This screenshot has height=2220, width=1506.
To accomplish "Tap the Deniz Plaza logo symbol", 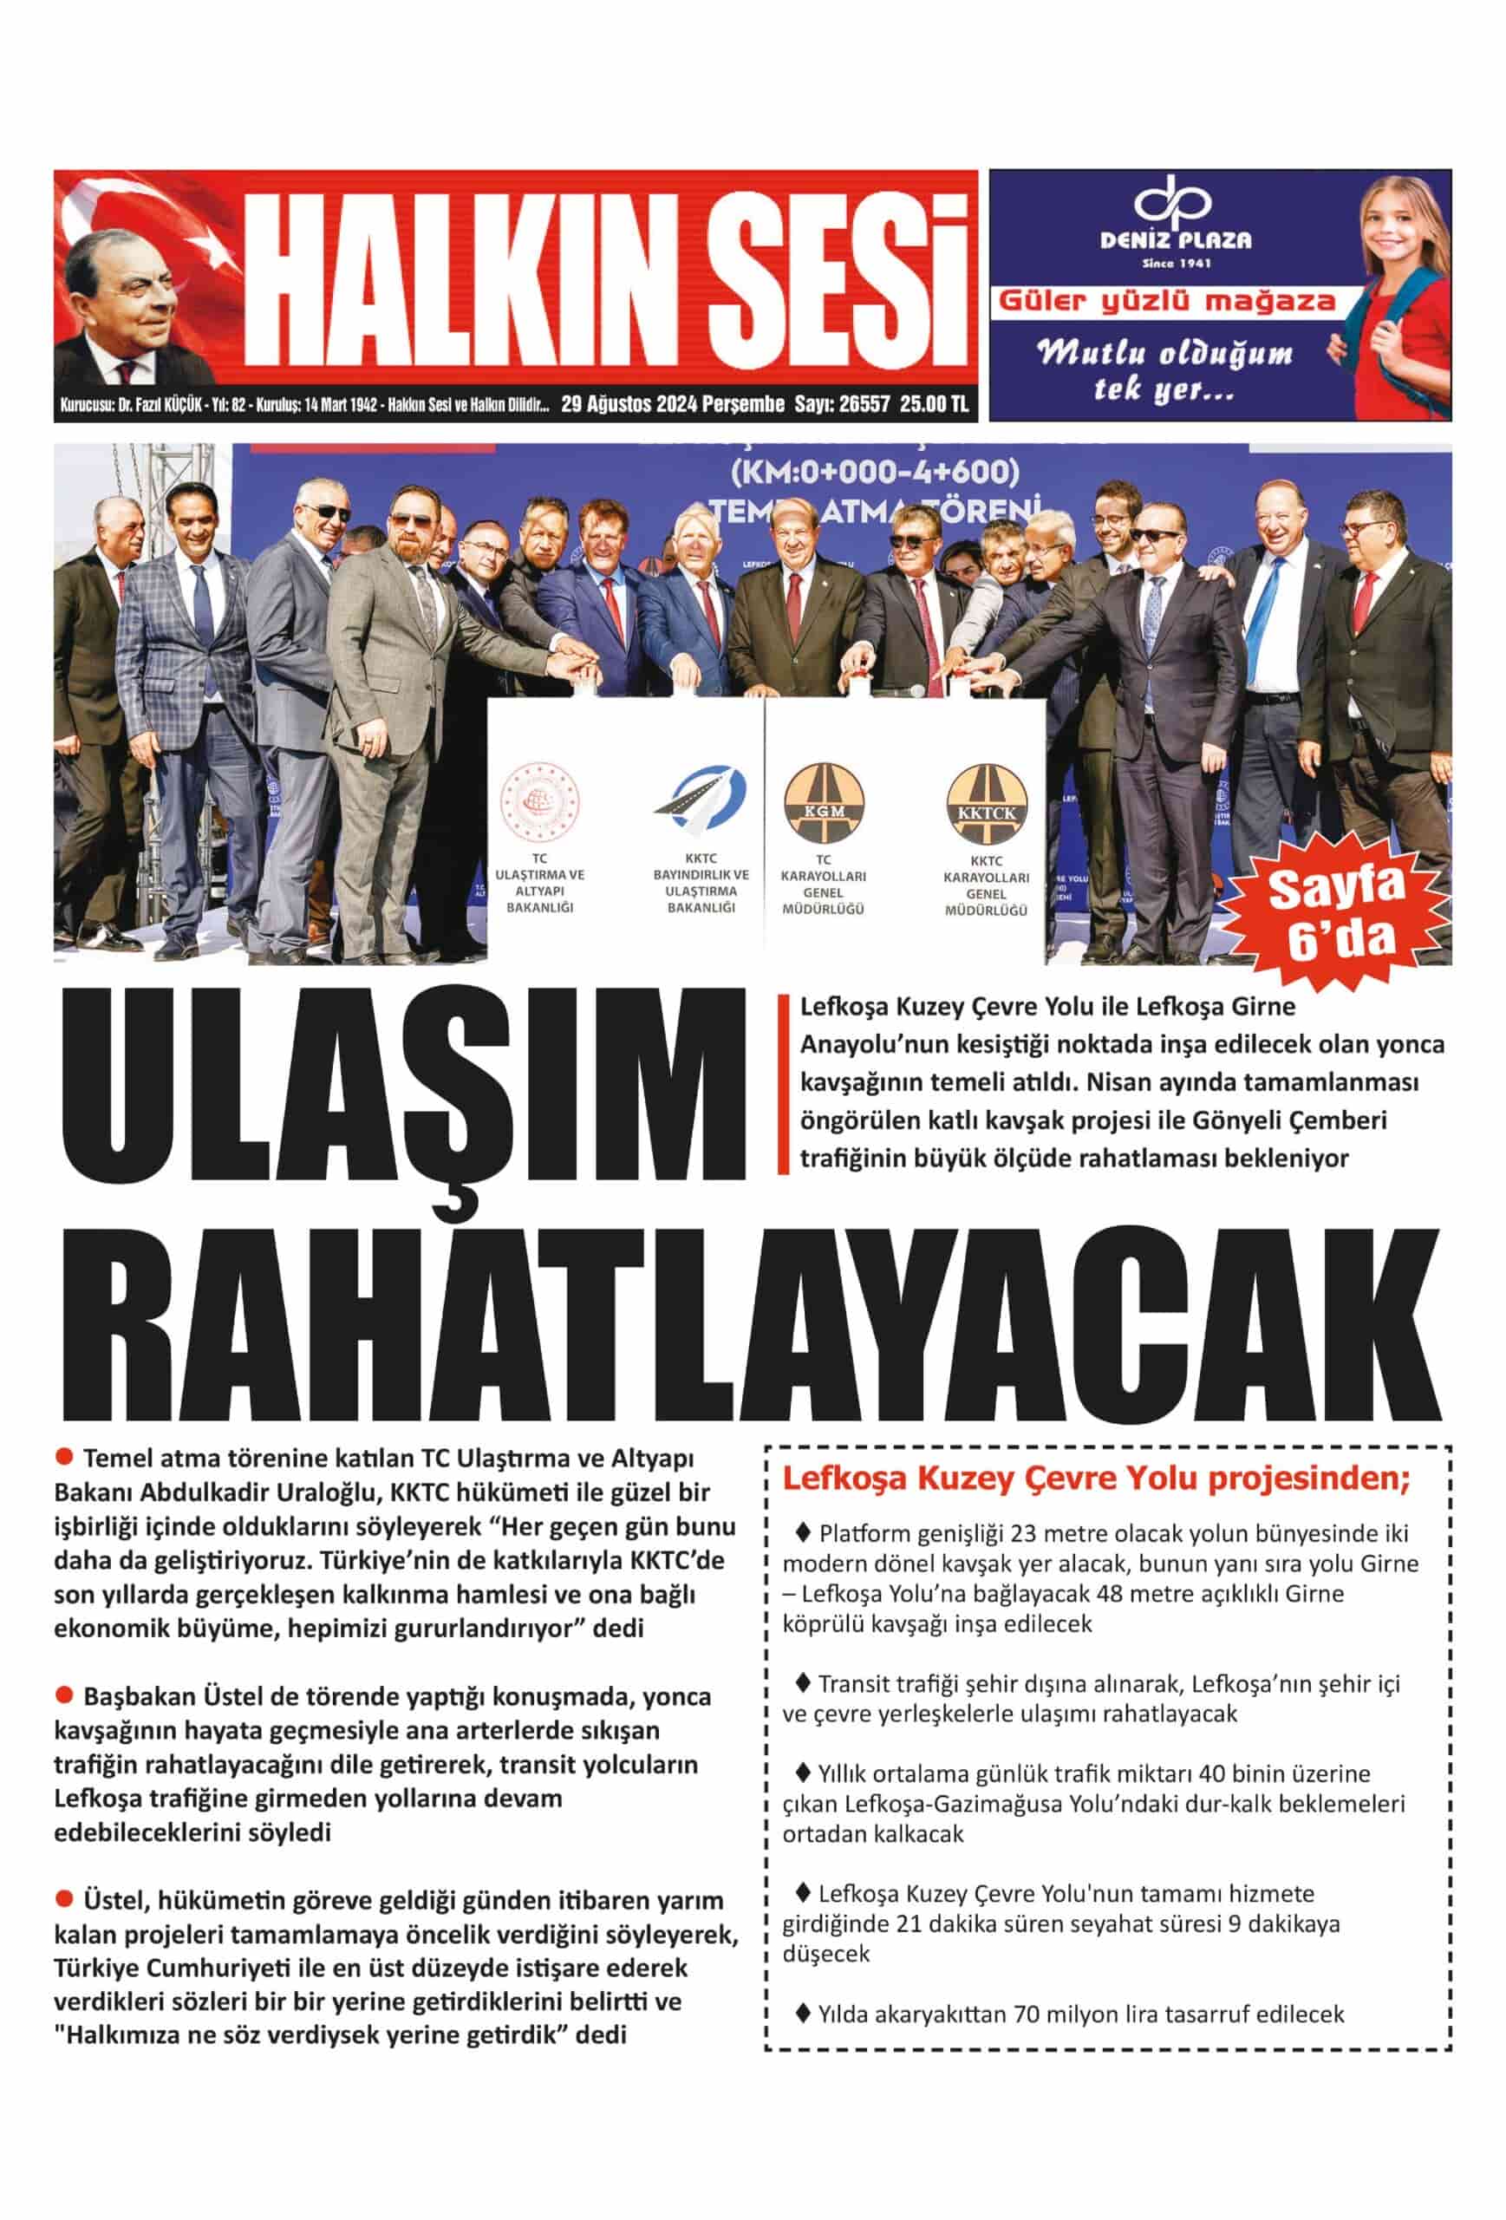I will pos(1171,204).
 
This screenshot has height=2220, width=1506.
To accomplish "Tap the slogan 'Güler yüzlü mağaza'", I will pos(1166,302).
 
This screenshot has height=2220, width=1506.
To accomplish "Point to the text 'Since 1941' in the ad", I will pos(1176,263).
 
